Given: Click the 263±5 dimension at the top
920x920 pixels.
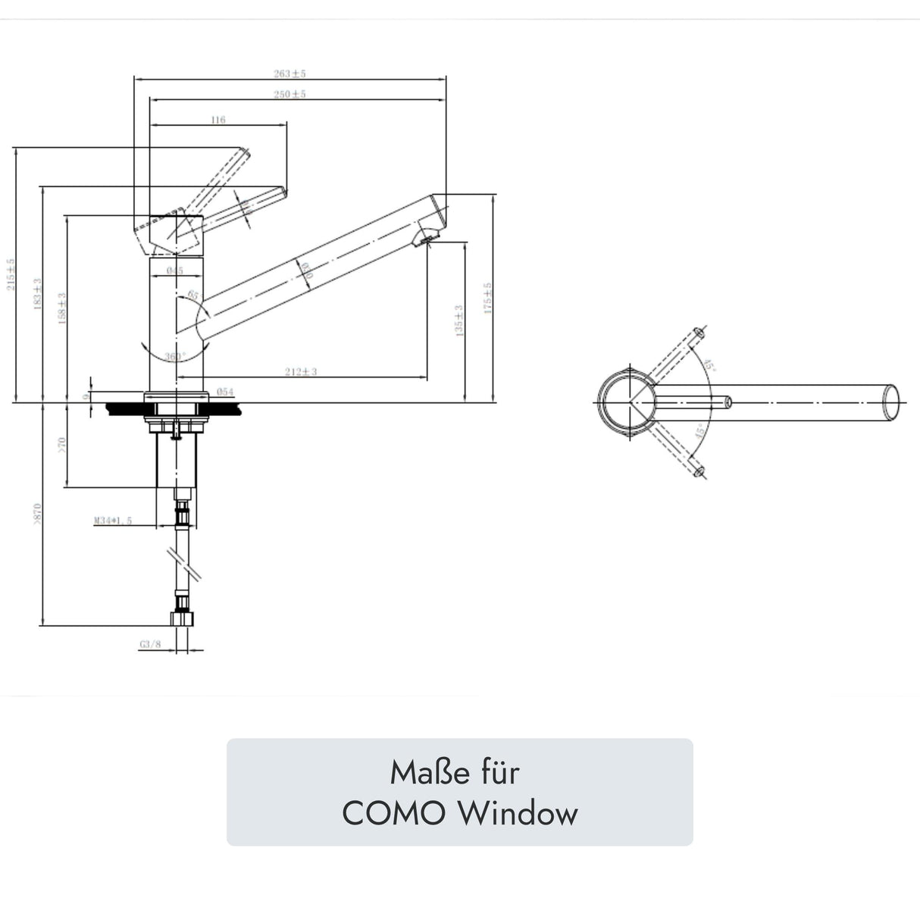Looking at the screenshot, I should [x=289, y=74].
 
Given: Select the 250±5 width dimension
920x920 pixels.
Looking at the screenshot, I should [x=289, y=95].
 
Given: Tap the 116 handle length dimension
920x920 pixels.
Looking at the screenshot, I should [x=218, y=120].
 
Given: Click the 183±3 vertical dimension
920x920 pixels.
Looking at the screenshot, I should [x=36, y=292].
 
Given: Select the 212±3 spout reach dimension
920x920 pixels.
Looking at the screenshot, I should [x=301, y=371].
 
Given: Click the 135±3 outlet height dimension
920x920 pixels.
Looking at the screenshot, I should [x=458, y=321].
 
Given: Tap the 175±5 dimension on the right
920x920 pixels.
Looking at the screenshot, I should [x=488, y=298].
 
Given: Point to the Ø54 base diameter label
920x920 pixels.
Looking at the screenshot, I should [x=224, y=392].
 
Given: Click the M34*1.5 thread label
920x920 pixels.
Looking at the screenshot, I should [x=113, y=521].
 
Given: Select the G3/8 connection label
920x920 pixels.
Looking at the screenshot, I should [x=150, y=645].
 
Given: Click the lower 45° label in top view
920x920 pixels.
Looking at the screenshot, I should [x=701, y=431].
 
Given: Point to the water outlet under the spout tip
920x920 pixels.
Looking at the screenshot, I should [x=424, y=239].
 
